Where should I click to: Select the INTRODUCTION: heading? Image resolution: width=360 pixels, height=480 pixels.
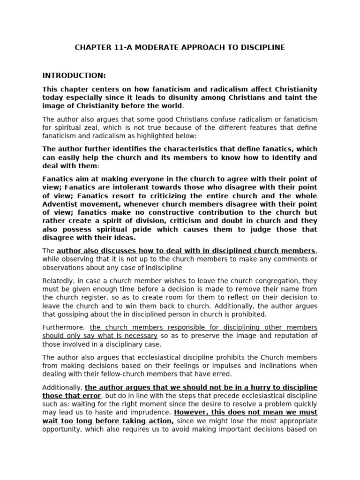click(x=74, y=75)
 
